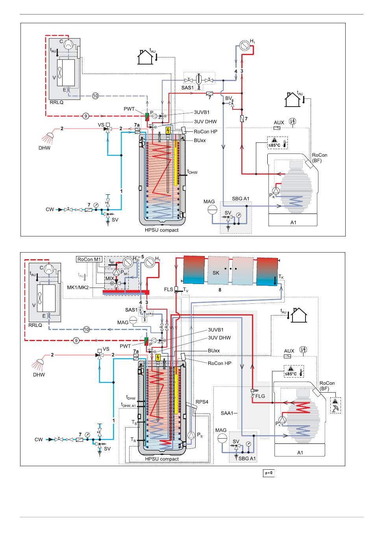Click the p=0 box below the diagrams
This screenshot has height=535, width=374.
pyautogui.click(x=268, y=473)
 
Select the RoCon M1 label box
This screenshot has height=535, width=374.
pyautogui.click(x=89, y=259)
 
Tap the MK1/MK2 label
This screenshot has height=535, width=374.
pyautogui.click(x=78, y=287)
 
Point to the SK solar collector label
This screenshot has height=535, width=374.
pyautogui.click(x=216, y=273)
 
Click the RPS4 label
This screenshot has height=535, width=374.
pyautogui.click(x=202, y=402)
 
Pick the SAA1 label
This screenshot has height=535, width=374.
pyautogui.click(x=227, y=413)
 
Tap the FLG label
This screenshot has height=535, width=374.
pyautogui.click(x=260, y=396)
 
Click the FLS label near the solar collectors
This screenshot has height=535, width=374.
pyautogui.click(x=168, y=289)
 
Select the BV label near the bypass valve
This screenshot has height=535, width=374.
pyautogui.click(x=228, y=98)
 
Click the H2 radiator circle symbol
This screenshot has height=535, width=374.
pyautogui.click(x=128, y=262)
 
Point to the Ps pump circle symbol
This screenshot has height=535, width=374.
pyautogui.click(x=191, y=435)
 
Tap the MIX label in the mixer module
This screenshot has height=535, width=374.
pyautogui.click(x=109, y=279)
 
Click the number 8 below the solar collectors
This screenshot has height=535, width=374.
pyautogui.click(x=220, y=290)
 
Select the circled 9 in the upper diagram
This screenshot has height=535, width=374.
pyautogui.click(x=85, y=116)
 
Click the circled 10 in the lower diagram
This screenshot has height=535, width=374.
pyautogui.click(x=86, y=330)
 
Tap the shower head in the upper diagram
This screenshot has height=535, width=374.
pyautogui.click(x=48, y=138)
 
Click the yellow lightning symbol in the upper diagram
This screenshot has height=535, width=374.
pyautogui.click(x=168, y=131)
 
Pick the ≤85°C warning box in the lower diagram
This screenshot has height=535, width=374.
pyautogui.click(x=294, y=371)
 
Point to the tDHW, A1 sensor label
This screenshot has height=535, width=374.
pyautogui.click(x=128, y=405)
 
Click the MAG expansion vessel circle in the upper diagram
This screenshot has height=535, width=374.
pyautogui.click(x=212, y=210)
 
